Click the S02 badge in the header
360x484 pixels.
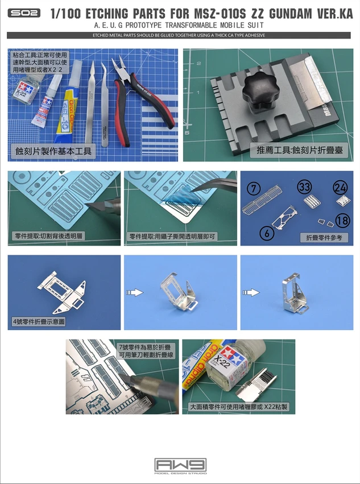point(23,13)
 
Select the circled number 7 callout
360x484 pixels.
point(254,188)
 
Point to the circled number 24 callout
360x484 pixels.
point(340,187)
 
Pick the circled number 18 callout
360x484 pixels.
point(341,221)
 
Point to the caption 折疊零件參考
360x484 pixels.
point(324,238)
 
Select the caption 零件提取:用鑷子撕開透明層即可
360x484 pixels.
point(173,236)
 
